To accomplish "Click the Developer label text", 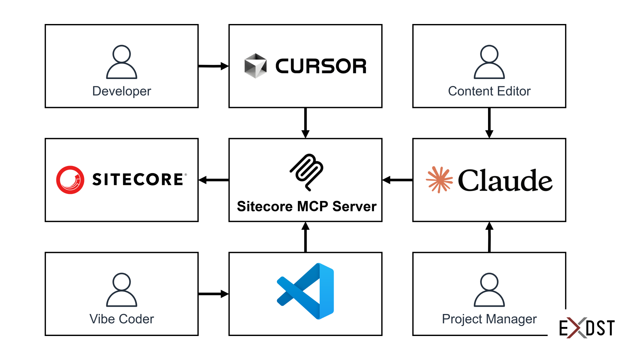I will tap(122, 91).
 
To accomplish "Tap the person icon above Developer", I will tap(122, 62).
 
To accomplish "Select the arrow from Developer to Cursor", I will tap(213, 66).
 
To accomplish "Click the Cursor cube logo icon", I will tap(255, 66).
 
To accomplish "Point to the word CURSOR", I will tap(321, 66).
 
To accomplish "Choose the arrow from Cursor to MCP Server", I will tap(305, 123).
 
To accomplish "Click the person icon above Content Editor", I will tap(489, 62).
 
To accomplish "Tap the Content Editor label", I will tap(489, 91).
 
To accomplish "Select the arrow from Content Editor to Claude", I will tap(489, 123).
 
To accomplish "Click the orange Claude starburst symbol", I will tap(439, 180).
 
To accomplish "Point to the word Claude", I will tap(505, 180).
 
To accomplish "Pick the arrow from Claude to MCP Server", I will tap(397, 180).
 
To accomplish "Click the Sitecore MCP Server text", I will tap(307, 206).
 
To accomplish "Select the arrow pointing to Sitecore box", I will tap(213, 180).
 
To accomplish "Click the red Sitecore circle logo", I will tap(70, 180).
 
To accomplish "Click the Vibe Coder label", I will tap(122, 319).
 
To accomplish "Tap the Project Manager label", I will tap(489, 319).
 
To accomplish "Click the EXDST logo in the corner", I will tap(587, 328).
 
